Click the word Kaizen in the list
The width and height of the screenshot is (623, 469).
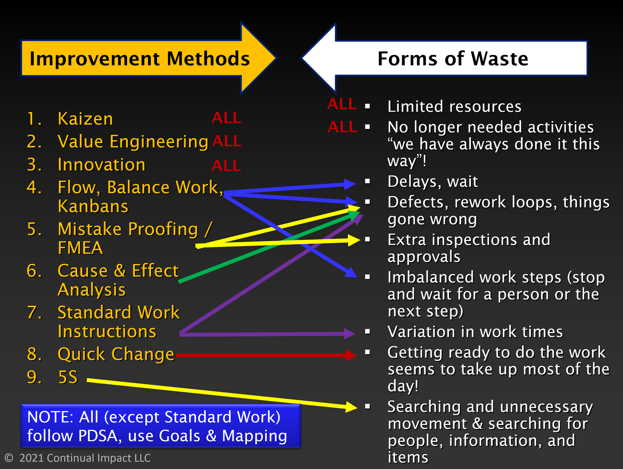tap(85, 119)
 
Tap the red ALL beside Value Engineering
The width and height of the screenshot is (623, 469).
tap(227, 141)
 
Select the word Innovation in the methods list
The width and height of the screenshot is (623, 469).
tap(102, 165)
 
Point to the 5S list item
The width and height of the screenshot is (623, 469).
tap(68, 377)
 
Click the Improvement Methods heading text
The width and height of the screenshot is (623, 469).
tap(140, 59)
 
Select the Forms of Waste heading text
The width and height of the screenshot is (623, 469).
tap(453, 59)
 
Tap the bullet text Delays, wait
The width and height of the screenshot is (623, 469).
tap(433, 182)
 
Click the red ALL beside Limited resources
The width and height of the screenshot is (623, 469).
tap(342, 104)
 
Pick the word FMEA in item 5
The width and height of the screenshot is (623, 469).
tap(80, 248)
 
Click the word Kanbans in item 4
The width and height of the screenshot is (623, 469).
tap(93, 207)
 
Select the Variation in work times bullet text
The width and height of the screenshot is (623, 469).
tap(475, 332)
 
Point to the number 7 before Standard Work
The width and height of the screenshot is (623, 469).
tap(34, 312)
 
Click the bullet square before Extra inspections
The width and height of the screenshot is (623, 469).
tap(367, 240)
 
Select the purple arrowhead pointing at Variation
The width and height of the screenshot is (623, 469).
tap(350, 333)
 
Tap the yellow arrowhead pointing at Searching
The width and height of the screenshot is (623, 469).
tap(351, 407)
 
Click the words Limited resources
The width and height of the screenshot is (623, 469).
tap(454, 107)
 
